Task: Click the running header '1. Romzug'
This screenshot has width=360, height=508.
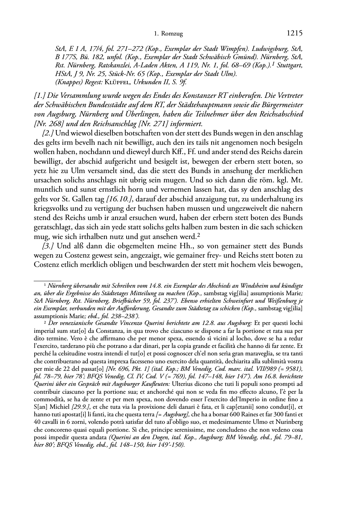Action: [x=168, y=34]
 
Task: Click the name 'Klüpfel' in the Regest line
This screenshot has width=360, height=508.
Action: [x=115, y=82]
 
